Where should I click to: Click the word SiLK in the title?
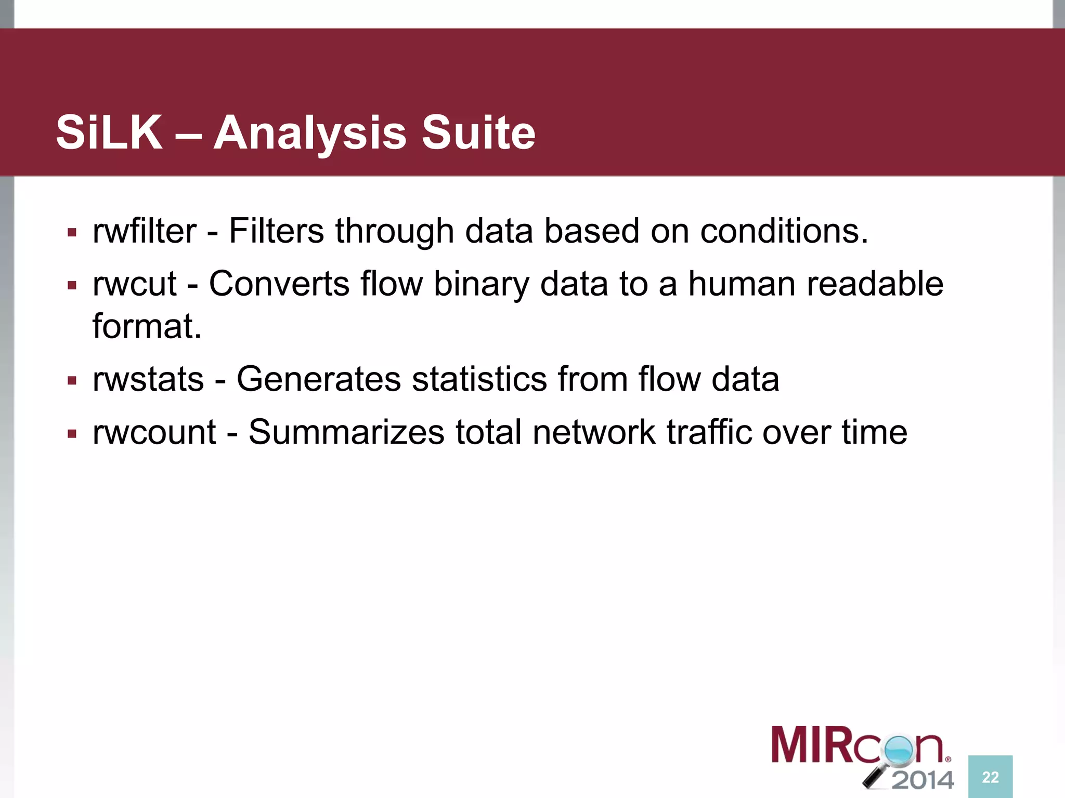point(109,133)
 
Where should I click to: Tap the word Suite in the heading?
point(478,133)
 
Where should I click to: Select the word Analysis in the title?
point(310,134)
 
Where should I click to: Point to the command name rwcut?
point(135,284)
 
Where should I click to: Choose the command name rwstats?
point(148,379)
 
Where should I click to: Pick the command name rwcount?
point(154,432)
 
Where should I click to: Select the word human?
point(742,284)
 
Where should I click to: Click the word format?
point(147,327)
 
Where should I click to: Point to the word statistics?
point(479,379)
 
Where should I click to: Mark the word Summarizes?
point(346,432)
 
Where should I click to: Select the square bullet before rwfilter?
point(72,232)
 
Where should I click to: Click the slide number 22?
point(990,777)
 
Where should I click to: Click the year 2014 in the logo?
point(923,780)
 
